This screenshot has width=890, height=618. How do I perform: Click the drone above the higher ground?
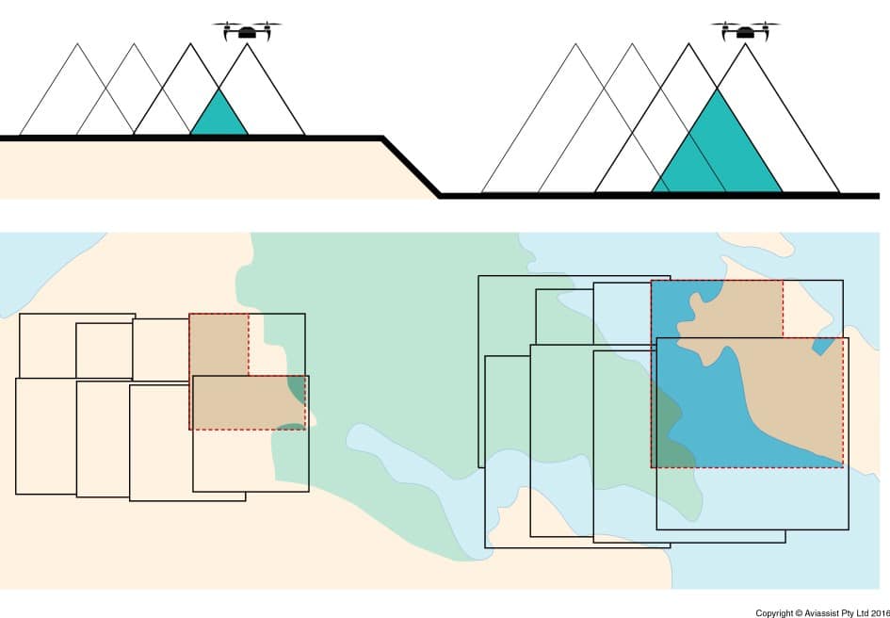coord(247,31)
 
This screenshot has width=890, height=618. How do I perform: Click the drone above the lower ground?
coord(745,31)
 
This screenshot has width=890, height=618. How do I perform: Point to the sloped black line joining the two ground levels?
coord(411,167)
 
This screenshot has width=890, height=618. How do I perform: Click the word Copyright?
coord(774,613)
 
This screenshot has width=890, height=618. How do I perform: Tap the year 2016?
coord(881,613)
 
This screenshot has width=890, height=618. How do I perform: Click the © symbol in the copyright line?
coord(800,613)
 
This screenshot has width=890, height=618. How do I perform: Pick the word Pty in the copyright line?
coord(848,613)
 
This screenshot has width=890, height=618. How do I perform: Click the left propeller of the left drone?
coord(226,24)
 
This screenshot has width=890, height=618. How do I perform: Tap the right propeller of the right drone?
coord(767,24)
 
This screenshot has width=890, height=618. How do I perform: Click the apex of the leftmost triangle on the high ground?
coord(77,43)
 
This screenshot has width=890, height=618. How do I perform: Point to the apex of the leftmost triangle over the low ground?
coord(575,43)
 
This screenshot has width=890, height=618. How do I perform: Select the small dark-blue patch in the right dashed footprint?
coord(820,346)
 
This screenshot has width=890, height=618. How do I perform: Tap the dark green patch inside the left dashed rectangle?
coord(297,389)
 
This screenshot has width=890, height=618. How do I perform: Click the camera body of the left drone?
coord(247,33)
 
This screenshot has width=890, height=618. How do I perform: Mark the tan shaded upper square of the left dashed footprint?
coord(218,344)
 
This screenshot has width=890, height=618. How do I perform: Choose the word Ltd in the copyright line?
coord(863,613)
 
